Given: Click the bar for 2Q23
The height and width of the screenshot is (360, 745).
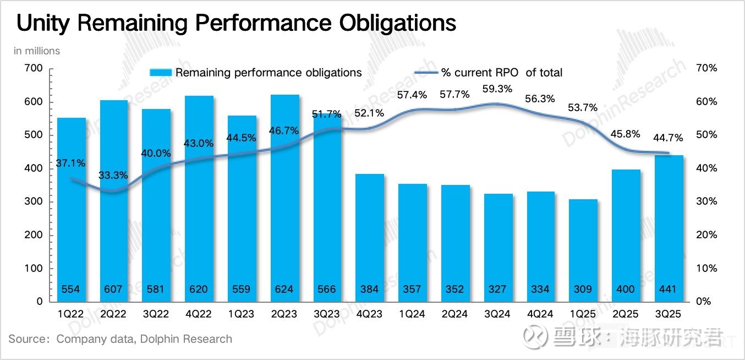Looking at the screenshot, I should (x=286, y=198).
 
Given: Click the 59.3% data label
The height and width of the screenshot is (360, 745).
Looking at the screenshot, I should (x=497, y=89).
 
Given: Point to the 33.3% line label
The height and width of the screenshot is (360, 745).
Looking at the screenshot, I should (x=113, y=176).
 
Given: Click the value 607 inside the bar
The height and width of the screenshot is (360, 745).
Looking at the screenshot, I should (x=113, y=289).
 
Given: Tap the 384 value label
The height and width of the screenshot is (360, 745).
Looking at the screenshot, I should (x=370, y=289).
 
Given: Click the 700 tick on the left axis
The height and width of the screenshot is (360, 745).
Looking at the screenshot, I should (x=33, y=68).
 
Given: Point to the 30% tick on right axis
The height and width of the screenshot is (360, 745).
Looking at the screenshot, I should (x=706, y=201).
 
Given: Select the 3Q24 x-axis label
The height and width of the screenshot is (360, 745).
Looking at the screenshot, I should (x=497, y=314).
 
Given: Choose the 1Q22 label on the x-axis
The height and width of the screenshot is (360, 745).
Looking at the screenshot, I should (x=72, y=314).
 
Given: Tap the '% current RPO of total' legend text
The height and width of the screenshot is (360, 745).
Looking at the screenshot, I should (x=501, y=73).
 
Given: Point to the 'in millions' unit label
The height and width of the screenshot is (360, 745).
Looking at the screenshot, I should (x=37, y=51).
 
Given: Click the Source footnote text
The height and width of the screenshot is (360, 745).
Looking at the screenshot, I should (x=120, y=339).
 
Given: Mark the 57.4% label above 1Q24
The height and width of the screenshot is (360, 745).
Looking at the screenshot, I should (x=412, y=95).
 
